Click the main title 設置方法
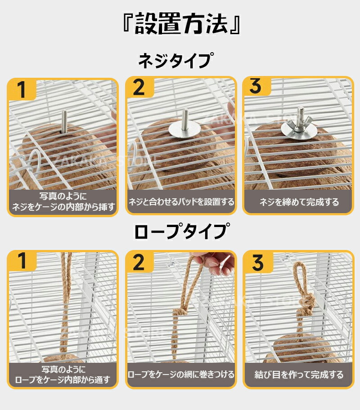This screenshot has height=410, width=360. pyautogui.click(x=181, y=24)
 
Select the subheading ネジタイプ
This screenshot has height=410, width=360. pyautogui.click(x=175, y=60)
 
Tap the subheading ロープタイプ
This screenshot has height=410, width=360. pyautogui.click(x=182, y=231)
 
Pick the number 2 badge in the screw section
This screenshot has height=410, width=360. pyautogui.click(x=139, y=88)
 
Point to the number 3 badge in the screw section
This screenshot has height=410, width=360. pyautogui.click(x=256, y=86)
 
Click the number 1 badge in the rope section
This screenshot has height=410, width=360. pyautogui.click(x=22, y=261)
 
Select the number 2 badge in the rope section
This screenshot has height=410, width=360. pyautogui.click(x=139, y=262)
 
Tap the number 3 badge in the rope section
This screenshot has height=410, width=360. pyautogui.click(x=258, y=262)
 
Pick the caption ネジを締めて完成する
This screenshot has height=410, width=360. pyautogui.click(x=299, y=202)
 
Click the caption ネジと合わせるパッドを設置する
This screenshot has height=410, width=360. pyautogui.click(x=181, y=202)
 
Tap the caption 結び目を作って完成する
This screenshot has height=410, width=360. pyautogui.click(x=299, y=374)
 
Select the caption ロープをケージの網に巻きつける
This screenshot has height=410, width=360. pyautogui.click(x=181, y=374)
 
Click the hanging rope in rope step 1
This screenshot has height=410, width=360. pyautogui.click(x=65, y=303)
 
